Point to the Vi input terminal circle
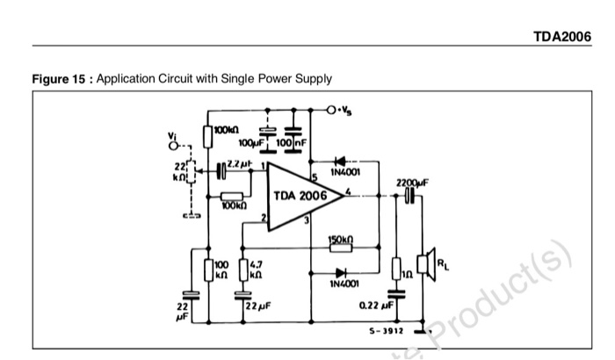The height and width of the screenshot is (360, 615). click(174, 147)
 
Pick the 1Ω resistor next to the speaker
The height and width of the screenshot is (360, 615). click(397, 267)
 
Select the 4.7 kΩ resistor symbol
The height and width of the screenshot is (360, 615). click(242, 268)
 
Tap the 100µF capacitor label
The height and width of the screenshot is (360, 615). click(253, 142)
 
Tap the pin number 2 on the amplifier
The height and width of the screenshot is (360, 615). click(263, 215)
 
